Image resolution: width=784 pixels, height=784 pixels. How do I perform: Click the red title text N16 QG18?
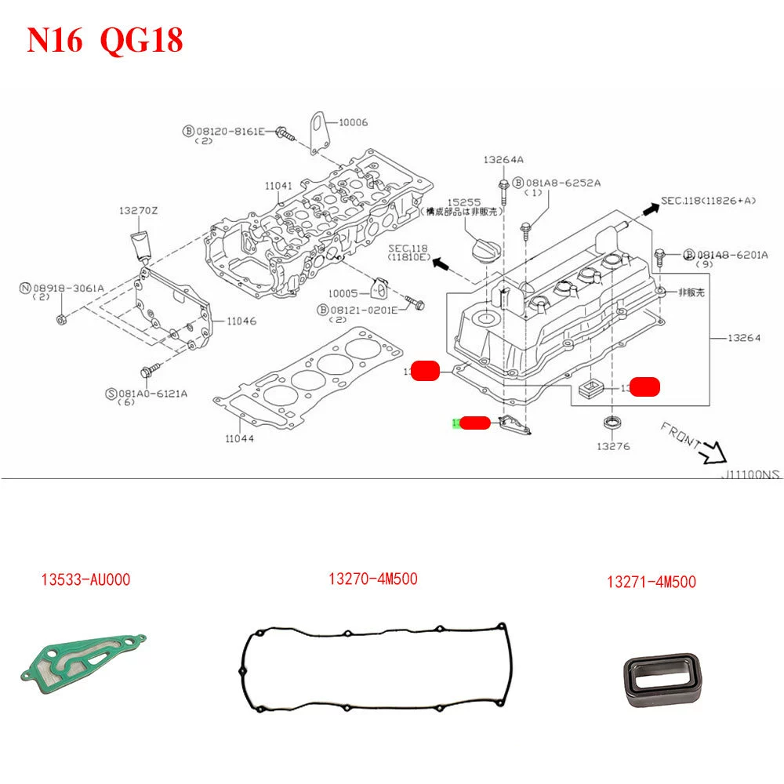pos(105,40)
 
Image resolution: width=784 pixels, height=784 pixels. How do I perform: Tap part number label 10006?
pos(353,122)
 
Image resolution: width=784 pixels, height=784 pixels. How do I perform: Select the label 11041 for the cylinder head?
pos(278,186)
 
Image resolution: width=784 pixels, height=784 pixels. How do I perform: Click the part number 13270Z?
pos(139,211)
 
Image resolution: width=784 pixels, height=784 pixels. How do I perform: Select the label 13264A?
pos(503,159)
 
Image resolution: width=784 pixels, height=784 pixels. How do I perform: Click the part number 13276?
pos(612,446)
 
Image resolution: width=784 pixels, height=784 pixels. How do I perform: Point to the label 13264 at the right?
pos(743,338)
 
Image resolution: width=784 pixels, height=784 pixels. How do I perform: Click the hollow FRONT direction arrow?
pos(715,451)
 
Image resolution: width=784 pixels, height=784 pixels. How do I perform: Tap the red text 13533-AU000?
pos(85,580)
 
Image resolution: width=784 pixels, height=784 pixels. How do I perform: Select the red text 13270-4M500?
pos(372,579)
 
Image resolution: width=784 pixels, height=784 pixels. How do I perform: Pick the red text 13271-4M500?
pos(651,582)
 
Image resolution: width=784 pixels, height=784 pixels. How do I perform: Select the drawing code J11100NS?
pos(752,474)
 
